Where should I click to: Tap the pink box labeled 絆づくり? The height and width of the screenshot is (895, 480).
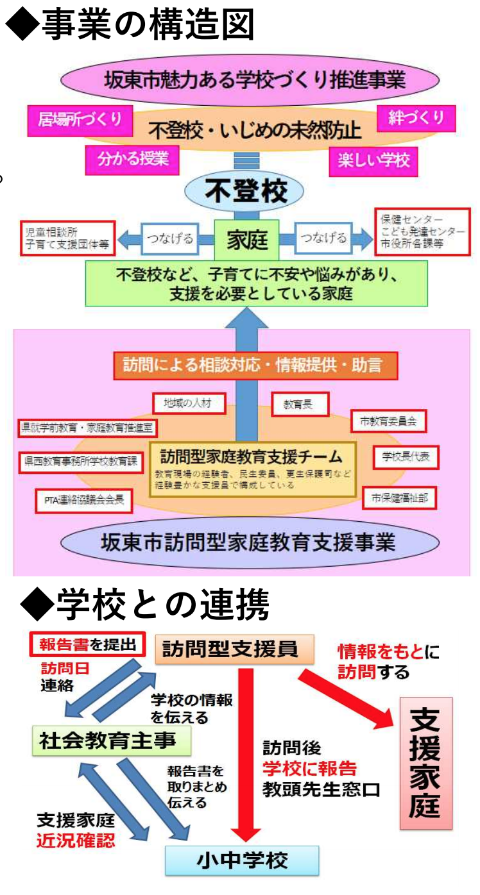tap(416, 118)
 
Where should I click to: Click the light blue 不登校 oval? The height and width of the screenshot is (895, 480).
tap(246, 190)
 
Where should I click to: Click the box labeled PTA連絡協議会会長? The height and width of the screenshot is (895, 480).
tap(84, 501)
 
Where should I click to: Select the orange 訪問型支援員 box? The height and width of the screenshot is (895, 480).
tap(234, 649)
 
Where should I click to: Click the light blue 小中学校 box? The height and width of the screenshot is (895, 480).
tap(242, 860)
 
